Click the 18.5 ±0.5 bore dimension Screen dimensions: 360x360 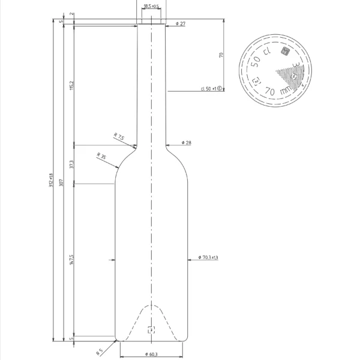(x=151, y=7)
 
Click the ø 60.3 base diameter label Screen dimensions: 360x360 (x=151, y=354)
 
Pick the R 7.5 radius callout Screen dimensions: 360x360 (x=119, y=137)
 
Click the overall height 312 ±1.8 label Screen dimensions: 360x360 (x=51, y=180)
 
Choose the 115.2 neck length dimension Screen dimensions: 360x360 (x=71, y=86)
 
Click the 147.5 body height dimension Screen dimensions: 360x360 (x=71, y=259)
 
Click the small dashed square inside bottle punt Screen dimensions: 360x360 (x=151, y=329)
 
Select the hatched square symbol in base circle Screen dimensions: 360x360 (x=286, y=52)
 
